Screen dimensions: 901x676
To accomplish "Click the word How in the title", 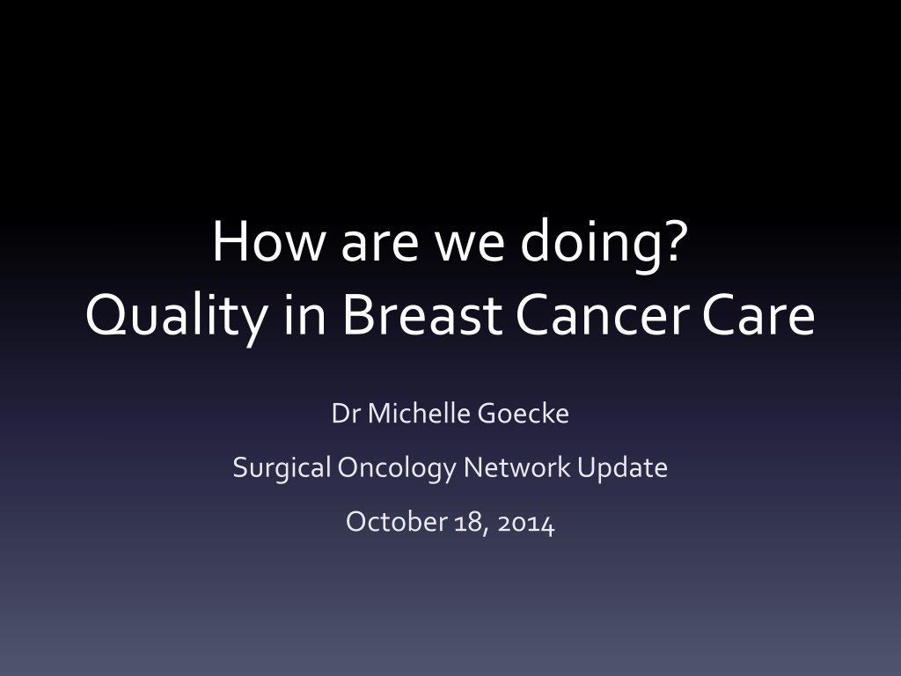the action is point(268,241).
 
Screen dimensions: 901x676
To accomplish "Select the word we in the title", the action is point(469,246).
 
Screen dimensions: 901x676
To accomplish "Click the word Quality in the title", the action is point(176,317).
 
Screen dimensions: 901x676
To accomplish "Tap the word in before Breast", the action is point(305,314).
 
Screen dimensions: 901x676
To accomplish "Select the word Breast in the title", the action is point(422,314).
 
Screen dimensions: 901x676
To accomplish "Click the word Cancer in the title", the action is point(602,314).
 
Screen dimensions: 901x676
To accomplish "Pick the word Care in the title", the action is point(758,314).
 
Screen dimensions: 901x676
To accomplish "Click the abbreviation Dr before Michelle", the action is point(346,414).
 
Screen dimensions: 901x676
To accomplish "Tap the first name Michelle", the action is point(419,414).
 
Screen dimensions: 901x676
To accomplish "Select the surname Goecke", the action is point(523,414).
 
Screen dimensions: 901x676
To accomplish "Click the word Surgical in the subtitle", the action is point(282,469).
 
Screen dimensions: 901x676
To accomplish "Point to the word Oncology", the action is point(397,469).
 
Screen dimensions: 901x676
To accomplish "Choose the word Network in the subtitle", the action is point(517,467).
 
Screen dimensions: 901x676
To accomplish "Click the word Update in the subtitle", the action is point(622,469).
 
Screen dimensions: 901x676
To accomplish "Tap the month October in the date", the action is point(397,522).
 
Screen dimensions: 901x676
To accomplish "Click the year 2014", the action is point(526,524).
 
